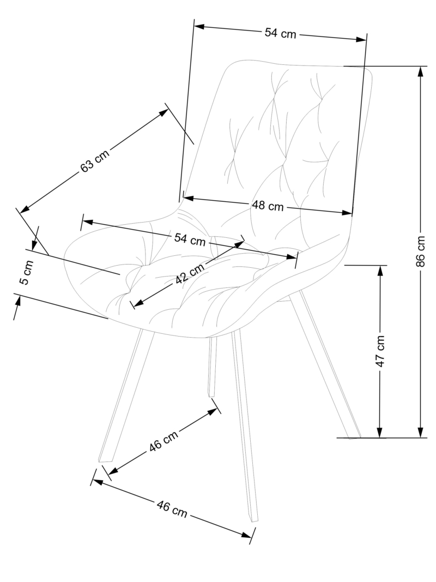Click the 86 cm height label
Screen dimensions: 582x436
click(421, 251)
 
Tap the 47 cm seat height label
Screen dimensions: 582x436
click(380, 351)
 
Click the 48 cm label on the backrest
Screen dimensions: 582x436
click(268, 206)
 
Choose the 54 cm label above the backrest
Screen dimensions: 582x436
click(280, 33)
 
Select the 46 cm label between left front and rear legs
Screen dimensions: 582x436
click(163, 442)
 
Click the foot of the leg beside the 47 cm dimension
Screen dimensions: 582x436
click(354, 436)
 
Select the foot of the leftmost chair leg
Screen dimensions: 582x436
click(104, 459)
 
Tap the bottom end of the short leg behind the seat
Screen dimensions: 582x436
click(211, 394)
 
